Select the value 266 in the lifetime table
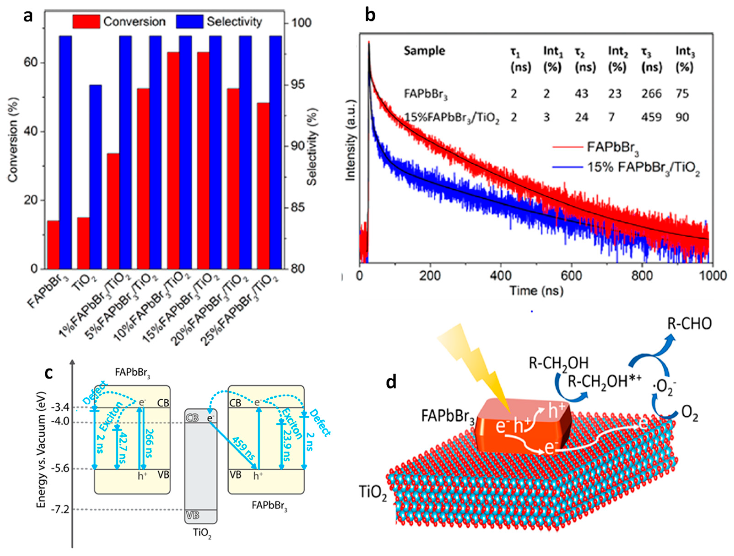tap(651, 94)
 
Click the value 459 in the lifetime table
tap(651, 117)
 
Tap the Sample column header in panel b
tap(424, 51)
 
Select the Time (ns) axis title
tap(536, 291)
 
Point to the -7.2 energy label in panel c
tap(60, 509)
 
